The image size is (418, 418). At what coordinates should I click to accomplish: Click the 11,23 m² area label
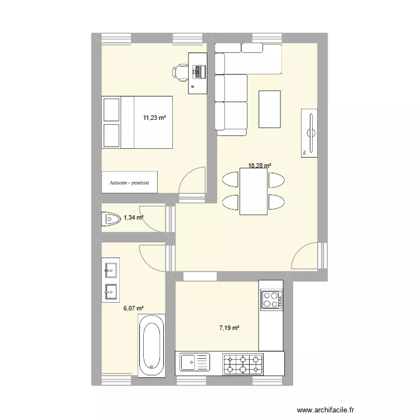(155, 118)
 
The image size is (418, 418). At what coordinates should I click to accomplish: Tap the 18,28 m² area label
(260, 166)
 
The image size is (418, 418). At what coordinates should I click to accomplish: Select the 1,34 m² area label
(134, 218)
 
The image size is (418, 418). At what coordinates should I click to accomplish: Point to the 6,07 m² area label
(134, 308)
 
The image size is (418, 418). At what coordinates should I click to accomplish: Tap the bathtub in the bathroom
(152, 343)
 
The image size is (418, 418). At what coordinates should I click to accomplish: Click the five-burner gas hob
(243, 364)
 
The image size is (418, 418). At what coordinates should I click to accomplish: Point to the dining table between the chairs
(254, 192)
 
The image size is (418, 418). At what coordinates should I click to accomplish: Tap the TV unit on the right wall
(310, 133)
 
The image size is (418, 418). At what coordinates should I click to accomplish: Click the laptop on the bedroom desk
(198, 71)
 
